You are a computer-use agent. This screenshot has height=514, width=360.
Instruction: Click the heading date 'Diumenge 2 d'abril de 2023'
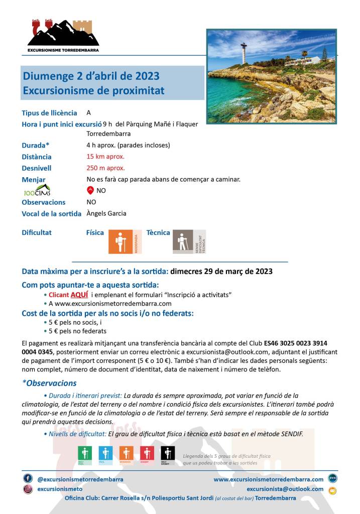tap(91, 76)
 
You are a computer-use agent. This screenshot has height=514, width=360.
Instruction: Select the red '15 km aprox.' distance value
tap(105, 157)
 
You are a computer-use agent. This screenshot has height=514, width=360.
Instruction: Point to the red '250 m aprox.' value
tap(105, 168)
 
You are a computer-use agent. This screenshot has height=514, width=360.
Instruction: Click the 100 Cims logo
tap(37, 191)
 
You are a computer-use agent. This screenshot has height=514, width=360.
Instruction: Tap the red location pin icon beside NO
tap(90, 190)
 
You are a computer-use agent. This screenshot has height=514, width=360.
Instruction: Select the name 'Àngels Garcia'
tap(106, 213)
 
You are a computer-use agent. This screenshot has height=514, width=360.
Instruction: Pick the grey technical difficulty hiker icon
tap(183, 241)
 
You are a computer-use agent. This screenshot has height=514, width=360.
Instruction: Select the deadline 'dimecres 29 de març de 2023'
tap(221, 272)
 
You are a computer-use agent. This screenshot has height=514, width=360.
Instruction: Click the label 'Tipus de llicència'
tap(49, 113)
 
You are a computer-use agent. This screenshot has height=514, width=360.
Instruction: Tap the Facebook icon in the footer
tap(28, 478)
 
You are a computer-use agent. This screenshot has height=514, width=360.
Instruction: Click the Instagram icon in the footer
tap(28, 489)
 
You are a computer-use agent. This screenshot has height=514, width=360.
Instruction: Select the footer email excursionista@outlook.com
tap(285, 489)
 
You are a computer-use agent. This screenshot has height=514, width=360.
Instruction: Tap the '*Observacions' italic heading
tap(49, 383)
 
